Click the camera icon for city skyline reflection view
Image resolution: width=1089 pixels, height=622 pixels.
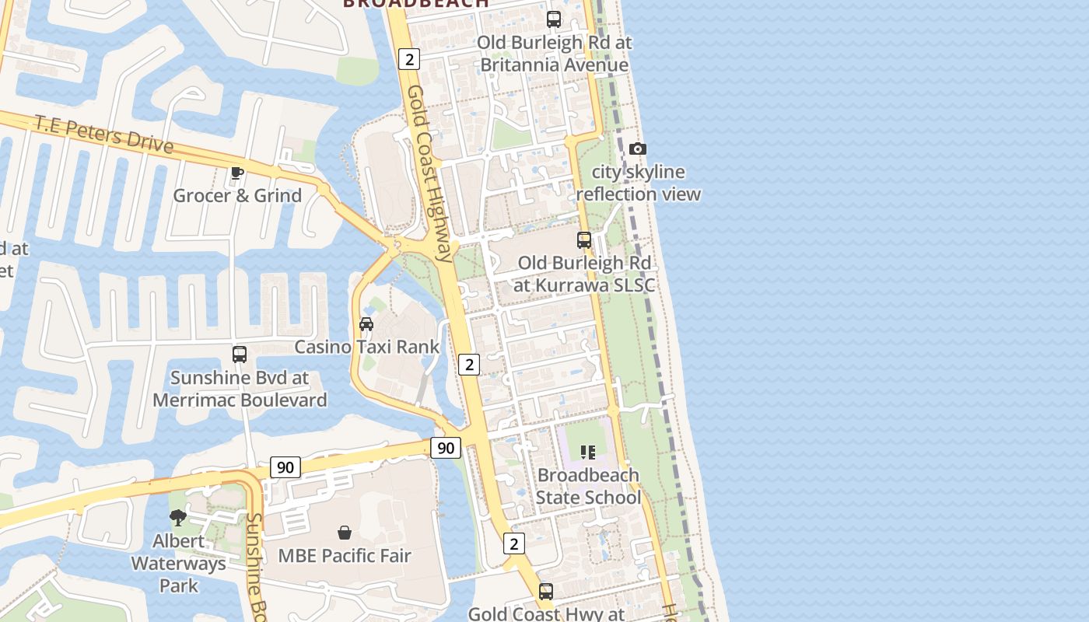point(638,149)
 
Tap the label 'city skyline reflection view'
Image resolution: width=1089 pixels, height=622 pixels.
point(638,183)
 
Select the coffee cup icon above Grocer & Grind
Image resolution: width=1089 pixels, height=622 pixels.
point(237,173)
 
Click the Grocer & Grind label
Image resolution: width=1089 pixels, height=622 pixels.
point(237,195)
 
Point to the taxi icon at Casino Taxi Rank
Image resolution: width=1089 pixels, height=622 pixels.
point(366,323)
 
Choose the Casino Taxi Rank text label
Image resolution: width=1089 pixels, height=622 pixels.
point(366,347)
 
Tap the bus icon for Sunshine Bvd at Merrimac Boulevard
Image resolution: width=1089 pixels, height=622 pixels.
point(240,355)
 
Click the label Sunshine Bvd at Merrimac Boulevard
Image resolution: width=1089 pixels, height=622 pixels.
point(240,389)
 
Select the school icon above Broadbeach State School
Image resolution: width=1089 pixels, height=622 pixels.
point(588,452)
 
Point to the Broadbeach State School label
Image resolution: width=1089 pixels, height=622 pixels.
point(588,486)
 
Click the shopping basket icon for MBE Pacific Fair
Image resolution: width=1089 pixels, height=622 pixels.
point(345,533)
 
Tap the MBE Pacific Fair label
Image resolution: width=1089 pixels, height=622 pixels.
point(345,556)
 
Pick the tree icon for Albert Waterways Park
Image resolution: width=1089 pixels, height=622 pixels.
point(178,517)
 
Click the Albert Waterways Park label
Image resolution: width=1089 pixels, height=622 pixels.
point(178,563)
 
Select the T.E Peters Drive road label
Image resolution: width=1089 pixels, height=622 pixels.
point(103,134)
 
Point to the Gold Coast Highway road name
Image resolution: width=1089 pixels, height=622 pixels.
point(429,173)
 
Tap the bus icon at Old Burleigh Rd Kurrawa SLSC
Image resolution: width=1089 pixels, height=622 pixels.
point(584,240)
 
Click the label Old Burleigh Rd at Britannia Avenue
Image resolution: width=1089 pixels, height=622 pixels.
point(554,54)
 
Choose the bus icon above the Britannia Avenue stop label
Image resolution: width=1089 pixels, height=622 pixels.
point(554,19)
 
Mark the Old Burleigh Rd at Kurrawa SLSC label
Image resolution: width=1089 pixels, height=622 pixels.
point(584,274)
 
